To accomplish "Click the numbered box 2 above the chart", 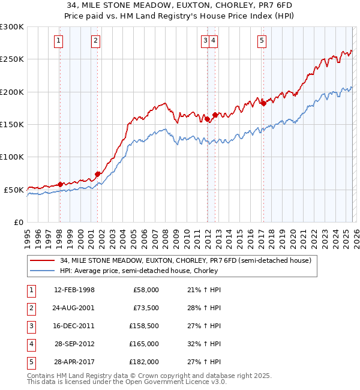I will pyautogui.click(x=95, y=41).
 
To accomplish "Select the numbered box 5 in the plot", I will pyautogui.click(x=262, y=41).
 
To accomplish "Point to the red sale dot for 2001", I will pyautogui.click(x=97, y=174).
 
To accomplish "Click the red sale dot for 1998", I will pyautogui.click(x=60, y=184).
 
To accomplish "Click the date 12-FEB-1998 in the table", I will pyautogui.click(x=74, y=290).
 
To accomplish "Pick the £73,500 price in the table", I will pyautogui.click(x=144, y=308).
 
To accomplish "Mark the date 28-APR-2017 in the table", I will pyautogui.click(x=74, y=362).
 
